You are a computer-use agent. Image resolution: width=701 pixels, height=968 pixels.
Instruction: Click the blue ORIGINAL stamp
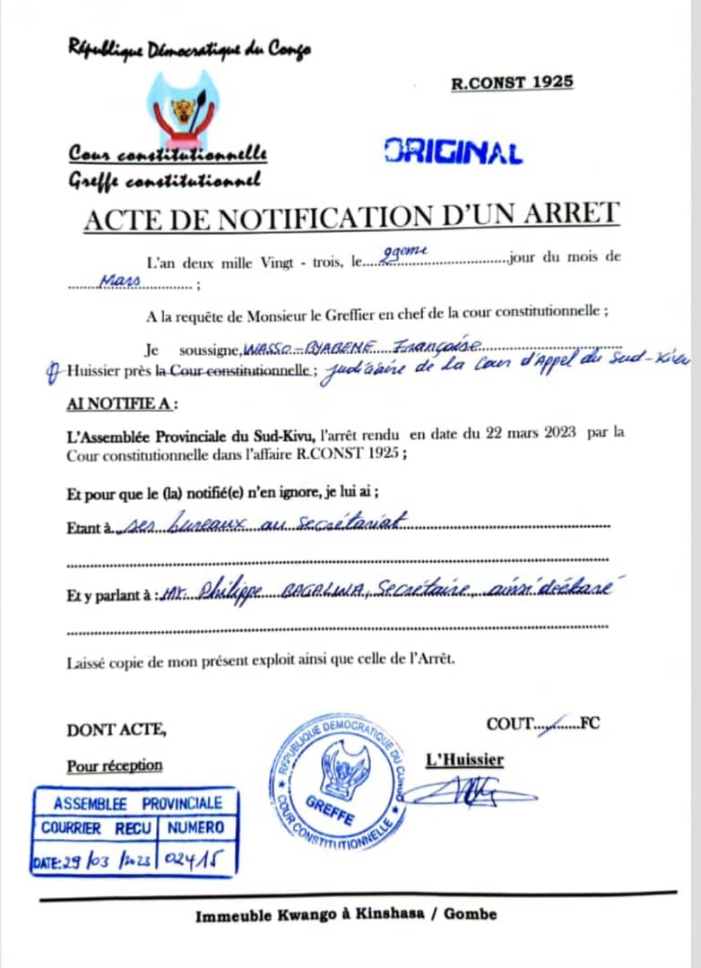pyautogui.click(x=454, y=151)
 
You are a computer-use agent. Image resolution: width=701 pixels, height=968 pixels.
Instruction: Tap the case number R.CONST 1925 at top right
pyautogui.click(x=512, y=83)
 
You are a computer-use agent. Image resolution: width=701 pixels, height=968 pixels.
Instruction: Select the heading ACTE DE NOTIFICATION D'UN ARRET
pyautogui.click(x=350, y=215)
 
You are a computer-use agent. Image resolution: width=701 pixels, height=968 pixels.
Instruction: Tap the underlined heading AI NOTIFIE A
pyautogui.click(x=122, y=403)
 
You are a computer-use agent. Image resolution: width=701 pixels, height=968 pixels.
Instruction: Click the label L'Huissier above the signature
pyautogui.click(x=464, y=760)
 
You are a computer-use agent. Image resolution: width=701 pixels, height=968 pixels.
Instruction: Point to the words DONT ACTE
pyautogui.click(x=117, y=730)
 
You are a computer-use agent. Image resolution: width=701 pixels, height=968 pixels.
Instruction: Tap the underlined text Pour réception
pyautogui.click(x=115, y=765)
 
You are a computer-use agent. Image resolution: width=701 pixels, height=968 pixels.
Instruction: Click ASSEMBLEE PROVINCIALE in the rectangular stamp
pyautogui.click(x=137, y=803)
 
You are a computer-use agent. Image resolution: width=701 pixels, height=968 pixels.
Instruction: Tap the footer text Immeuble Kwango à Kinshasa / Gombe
pyautogui.click(x=346, y=915)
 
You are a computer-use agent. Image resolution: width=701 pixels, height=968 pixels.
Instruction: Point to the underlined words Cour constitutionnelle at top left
pyautogui.click(x=168, y=155)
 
